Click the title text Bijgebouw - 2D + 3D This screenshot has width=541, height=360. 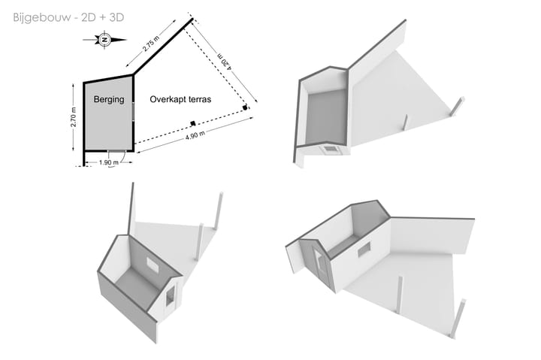(68, 17)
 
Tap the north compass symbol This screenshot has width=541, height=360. (105, 40)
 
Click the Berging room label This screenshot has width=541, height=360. (109, 99)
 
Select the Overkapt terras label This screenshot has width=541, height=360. (180, 99)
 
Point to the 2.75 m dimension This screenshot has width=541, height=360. (151, 44)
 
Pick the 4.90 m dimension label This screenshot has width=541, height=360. (195, 135)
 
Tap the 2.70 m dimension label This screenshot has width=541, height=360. (74, 117)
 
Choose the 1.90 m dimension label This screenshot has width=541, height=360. (108, 162)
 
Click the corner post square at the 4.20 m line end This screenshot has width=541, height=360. (245, 107)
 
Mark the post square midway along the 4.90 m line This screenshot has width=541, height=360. (193, 123)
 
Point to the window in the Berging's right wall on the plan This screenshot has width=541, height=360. (133, 111)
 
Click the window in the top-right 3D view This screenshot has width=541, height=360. (330, 149)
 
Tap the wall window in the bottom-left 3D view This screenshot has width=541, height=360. (152, 265)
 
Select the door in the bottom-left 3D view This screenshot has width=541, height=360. (170, 298)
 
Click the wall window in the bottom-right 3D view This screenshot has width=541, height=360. (364, 250)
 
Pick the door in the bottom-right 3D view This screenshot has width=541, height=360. (321, 264)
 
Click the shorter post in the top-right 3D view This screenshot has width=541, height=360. (405, 123)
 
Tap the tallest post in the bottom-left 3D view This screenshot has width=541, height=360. (219, 210)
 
